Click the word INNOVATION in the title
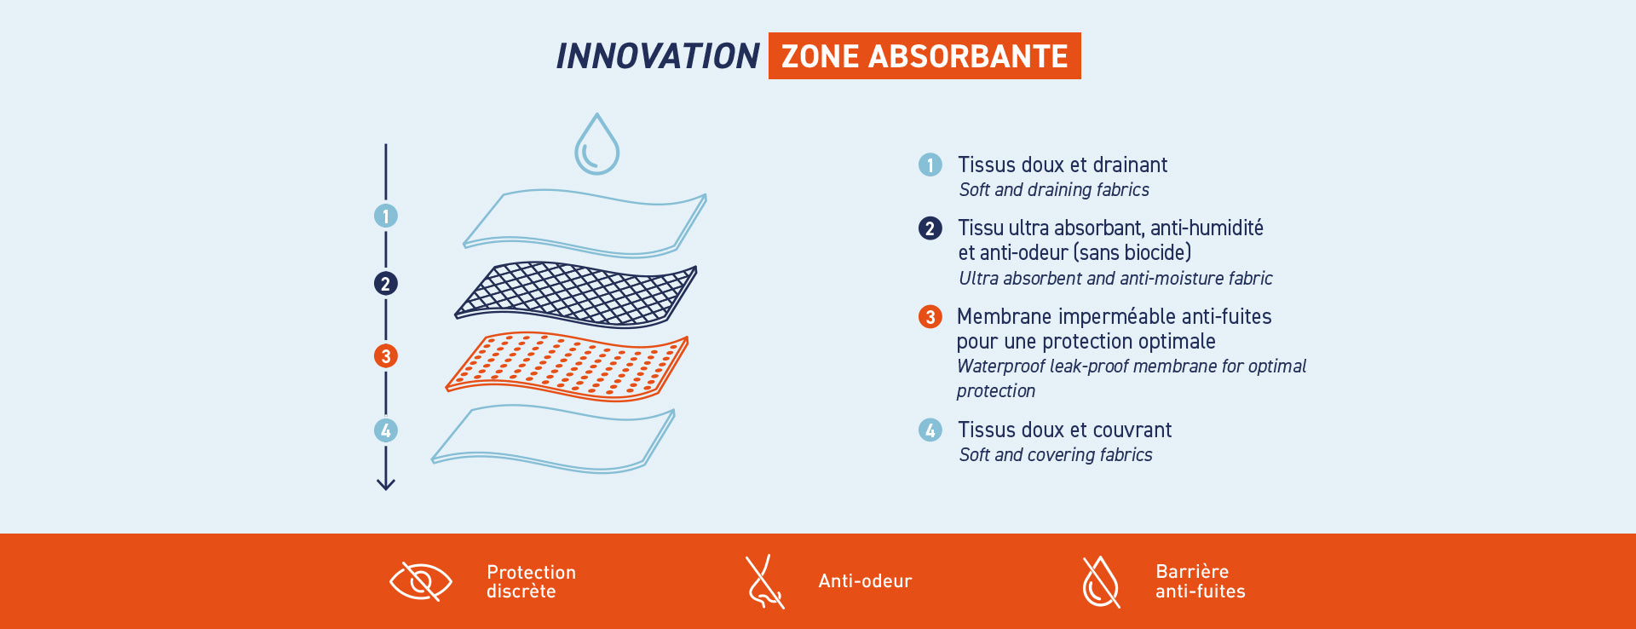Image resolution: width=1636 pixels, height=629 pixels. [x=657, y=56]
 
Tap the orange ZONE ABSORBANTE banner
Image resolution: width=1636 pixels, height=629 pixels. [x=925, y=56]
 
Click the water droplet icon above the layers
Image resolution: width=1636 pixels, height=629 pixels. [x=596, y=144]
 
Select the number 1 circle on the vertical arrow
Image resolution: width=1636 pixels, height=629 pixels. [x=386, y=216]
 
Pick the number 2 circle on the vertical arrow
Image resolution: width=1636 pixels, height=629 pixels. [x=386, y=284]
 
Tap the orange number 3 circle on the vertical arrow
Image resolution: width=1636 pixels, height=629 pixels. [x=386, y=356]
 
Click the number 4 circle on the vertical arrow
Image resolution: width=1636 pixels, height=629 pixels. [x=386, y=430]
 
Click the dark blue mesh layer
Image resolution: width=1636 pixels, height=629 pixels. [x=576, y=295]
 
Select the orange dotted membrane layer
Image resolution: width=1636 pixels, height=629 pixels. [x=567, y=366]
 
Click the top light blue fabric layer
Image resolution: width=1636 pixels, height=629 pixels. [x=585, y=223]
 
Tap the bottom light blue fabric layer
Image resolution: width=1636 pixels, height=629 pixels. [x=553, y=438]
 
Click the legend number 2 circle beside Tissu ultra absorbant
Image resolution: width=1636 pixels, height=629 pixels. [x=930, y=228]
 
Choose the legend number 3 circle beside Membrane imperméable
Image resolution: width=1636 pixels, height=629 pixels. [x=930, y=317]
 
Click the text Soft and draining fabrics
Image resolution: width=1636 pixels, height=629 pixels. [x=1054, y=190]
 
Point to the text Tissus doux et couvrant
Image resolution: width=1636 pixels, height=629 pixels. [x=1065, y=430]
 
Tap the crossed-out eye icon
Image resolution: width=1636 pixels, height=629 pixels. [x=421, y=581]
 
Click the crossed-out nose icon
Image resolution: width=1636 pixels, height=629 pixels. [x=764, y=582]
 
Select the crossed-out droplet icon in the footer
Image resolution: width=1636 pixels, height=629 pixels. [x=1101, y=582]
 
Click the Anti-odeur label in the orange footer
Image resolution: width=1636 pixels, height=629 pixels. [x=865, y=581]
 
